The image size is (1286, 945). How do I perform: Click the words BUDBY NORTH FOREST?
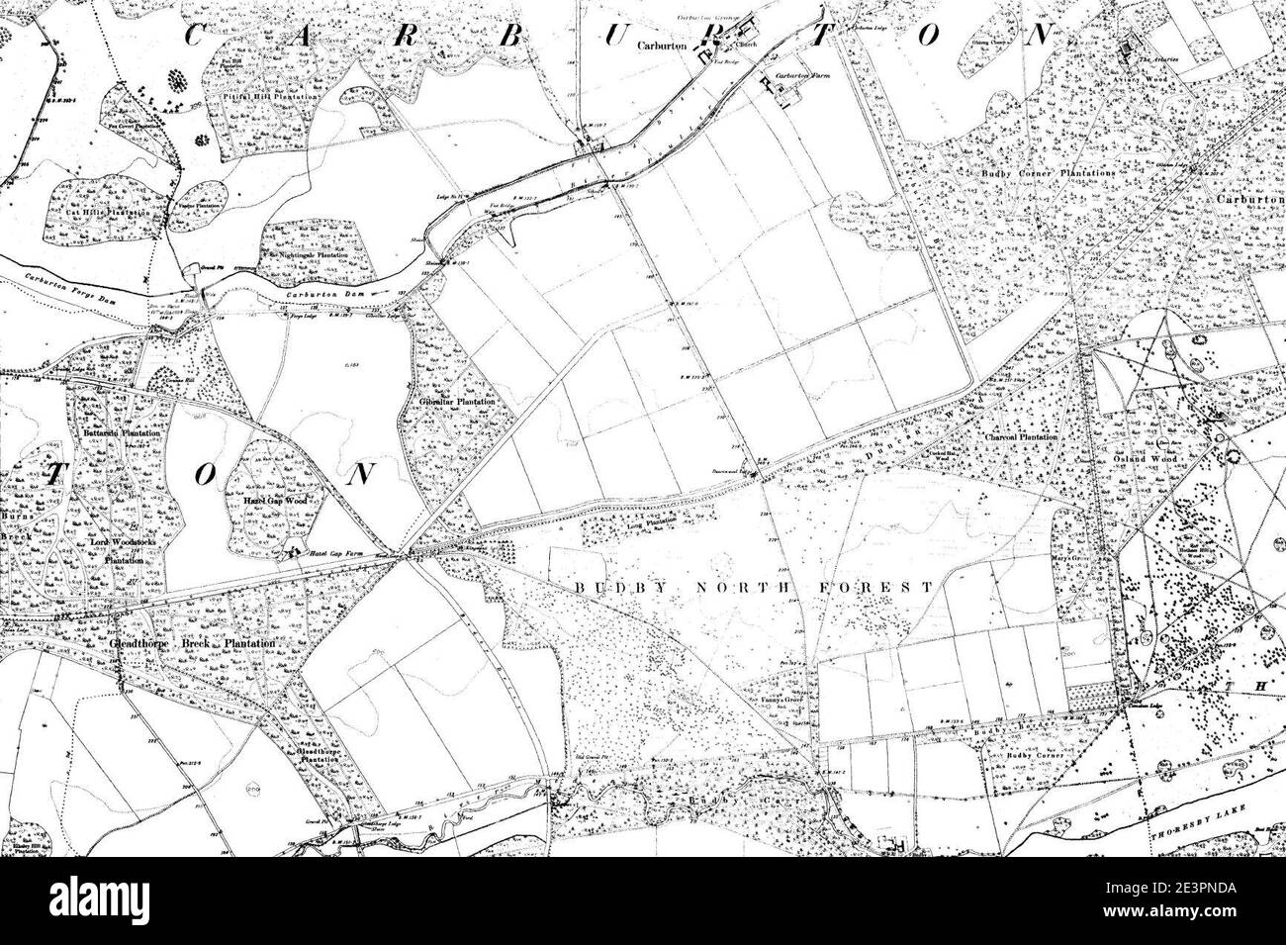(x=753, y=586)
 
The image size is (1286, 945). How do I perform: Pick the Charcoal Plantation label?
(x=1022, y=436)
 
